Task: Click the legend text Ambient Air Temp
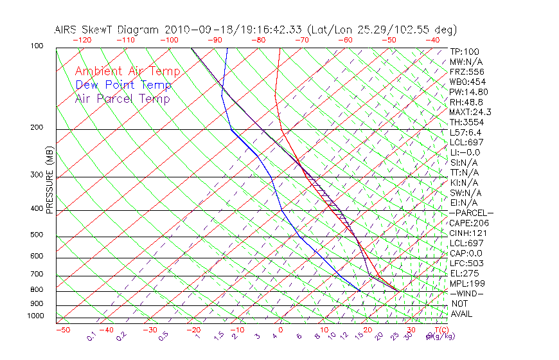coord(127,71)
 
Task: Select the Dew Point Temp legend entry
coord(123,85)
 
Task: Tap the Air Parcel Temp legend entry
coord(122,98)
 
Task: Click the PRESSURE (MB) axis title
coord(49,180)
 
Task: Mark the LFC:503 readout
coord(466,264)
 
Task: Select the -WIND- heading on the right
coord(467,293)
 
